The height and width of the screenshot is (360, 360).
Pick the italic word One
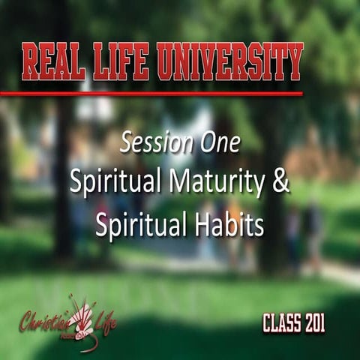220,142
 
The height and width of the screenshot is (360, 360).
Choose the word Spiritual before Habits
136,226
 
